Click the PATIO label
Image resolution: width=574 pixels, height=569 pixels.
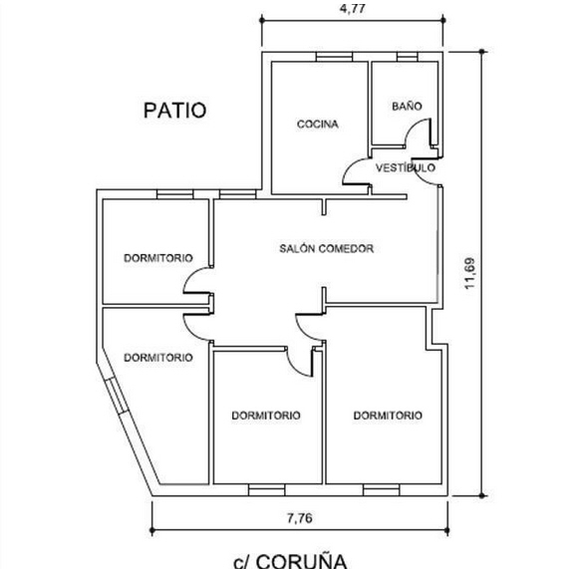click(175, 111)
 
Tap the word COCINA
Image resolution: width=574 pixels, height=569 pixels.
click(317, 125)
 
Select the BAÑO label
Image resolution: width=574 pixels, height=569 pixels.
click(407, 106)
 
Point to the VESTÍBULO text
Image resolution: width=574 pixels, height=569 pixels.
click(406, 167)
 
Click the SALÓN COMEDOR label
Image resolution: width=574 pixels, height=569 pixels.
click(326, 248)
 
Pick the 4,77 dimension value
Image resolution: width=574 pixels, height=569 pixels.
click(352, 8)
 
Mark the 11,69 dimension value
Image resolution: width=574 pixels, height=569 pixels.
click(469, 273)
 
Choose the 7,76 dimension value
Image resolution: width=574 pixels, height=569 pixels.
click(299, 518)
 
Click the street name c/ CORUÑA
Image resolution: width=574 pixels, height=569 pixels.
click(290, 561)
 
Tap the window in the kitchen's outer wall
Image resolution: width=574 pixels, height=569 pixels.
click(334, 57)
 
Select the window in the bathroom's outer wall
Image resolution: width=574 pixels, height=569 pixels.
click(407, 57)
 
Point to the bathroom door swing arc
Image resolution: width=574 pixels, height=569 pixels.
click(413, 128)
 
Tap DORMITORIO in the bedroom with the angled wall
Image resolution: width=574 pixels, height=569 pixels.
click(158, 358)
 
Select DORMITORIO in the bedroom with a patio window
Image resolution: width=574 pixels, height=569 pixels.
click(158, 258)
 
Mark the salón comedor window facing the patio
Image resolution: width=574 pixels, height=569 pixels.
click(237, 194)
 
